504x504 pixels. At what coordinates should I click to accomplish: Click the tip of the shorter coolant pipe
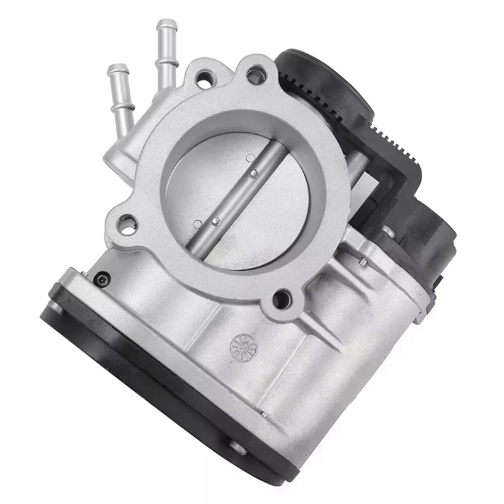(117, 70)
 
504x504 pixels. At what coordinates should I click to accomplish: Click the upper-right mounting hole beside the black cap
(255, 77)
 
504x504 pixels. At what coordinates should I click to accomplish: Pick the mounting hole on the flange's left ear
(127, 225)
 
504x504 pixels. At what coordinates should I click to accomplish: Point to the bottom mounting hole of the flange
(281, 300)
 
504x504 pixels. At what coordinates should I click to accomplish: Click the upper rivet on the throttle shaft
(253, 173)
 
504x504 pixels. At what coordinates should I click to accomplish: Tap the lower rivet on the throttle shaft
(215, 220)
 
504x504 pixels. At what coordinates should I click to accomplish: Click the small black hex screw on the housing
(101, 279)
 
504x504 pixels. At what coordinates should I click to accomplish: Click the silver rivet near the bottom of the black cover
(238, 448)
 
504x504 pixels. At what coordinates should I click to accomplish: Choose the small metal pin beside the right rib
(363, 261)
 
